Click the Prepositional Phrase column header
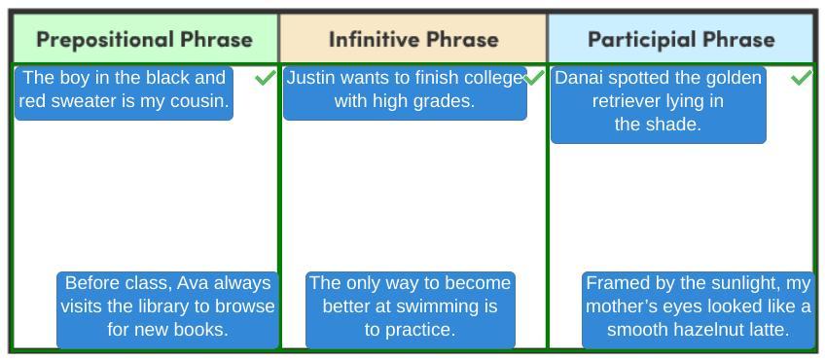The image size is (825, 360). (145, 39)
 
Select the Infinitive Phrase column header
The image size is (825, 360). (413, 39)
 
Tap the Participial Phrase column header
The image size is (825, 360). (681, 39)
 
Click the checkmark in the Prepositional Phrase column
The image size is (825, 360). (266, 78)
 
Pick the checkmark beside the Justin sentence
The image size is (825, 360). (534, 78)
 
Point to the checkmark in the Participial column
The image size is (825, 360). (802, 78)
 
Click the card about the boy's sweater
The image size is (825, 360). (124, 93)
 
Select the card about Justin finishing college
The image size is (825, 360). (405, 93)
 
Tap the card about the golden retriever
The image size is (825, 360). (659, 105)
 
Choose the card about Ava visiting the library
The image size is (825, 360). (167, 310)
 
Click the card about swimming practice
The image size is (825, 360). (410, 310)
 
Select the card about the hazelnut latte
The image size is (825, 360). (699, 310)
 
